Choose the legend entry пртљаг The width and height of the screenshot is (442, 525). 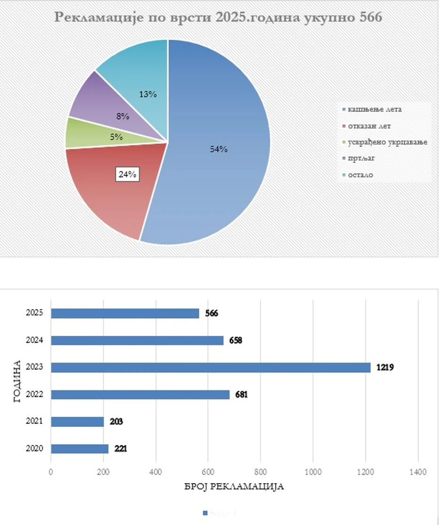point(363,158)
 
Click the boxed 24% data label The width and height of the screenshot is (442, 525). point(127,174)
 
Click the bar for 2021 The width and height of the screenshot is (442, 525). point(77,422)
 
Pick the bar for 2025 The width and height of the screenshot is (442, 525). point(125,313)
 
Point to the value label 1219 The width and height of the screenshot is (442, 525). point(385,367)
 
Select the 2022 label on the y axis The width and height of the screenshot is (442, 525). point(35,395)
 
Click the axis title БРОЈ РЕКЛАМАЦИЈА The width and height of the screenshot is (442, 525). point(234,486)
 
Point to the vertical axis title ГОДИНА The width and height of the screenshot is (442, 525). point(17,381)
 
